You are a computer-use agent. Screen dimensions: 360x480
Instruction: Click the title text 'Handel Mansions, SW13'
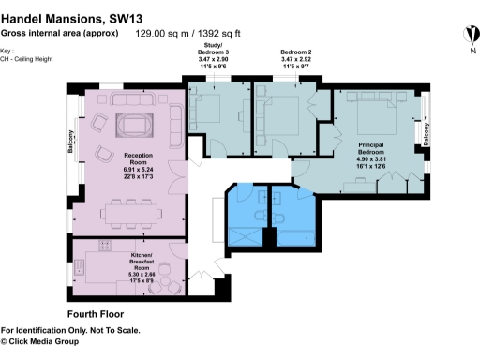[x=63, y=15]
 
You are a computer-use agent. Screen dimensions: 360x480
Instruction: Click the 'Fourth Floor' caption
[x=96, y=313]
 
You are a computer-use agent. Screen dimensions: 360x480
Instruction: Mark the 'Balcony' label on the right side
[x=427, y=134]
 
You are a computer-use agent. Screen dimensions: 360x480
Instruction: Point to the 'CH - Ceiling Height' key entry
[x=27, y=59]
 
